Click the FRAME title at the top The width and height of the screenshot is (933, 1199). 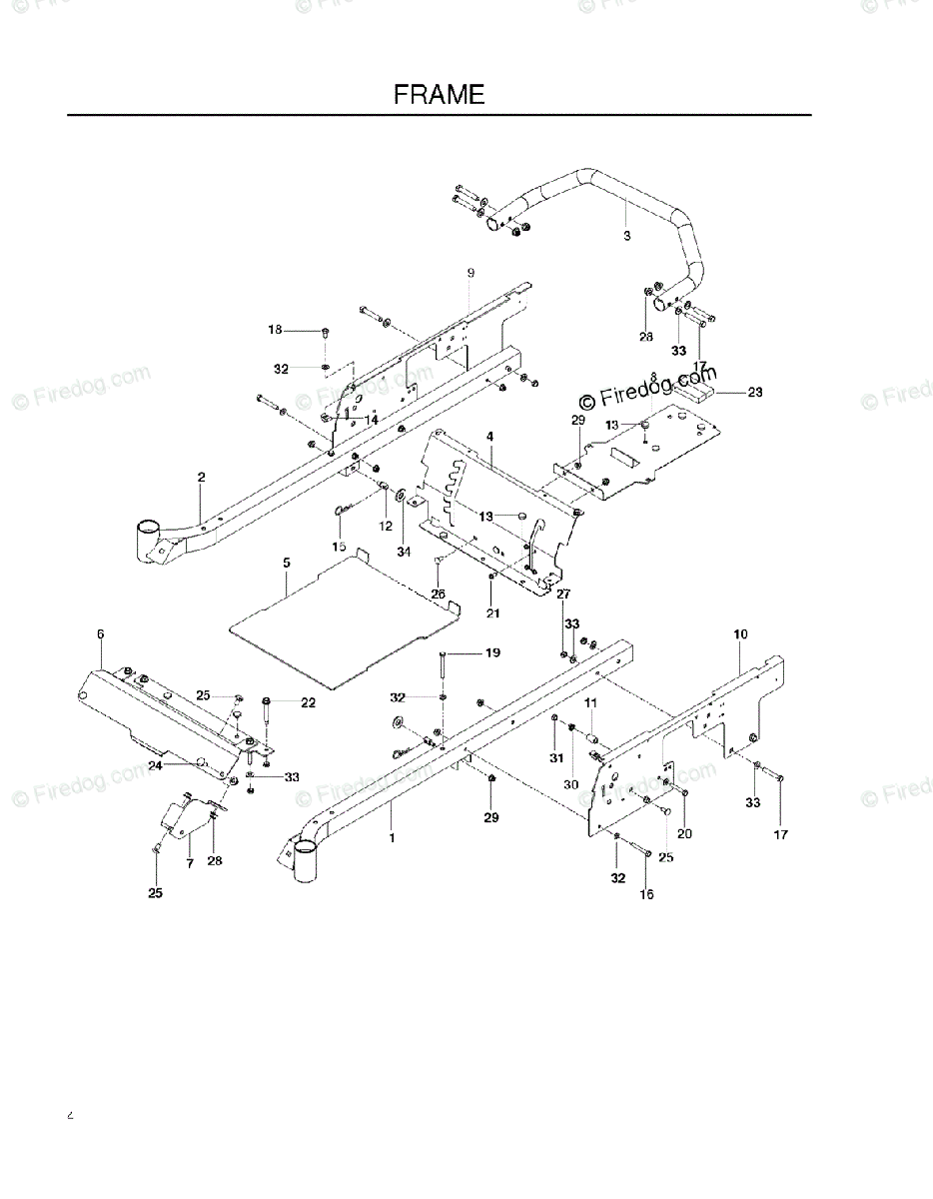(x=439, y=95)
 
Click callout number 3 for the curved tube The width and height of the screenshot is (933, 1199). (x=626, y=237)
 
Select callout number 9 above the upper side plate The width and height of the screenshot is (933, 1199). (x=469, y=273)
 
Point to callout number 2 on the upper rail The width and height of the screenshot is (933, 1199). (x=201, y=479)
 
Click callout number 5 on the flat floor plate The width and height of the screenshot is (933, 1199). (x=287, y=564)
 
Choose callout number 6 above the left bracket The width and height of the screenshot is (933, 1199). (x=100, y=633)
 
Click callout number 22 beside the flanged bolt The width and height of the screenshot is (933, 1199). (x=308, y=702)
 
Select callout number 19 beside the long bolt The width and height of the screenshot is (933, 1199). (x=492, y=652)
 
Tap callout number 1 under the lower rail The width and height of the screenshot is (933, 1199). (x=392, y=838)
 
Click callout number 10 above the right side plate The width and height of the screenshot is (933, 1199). (x=740, y=633)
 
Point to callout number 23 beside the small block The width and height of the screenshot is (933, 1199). (x=754, y=393)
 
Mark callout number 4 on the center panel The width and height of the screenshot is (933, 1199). (x=490, y=437)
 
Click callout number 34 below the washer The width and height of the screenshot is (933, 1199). (x=404, y=553)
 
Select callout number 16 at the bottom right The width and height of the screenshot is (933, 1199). (x=646, y=894)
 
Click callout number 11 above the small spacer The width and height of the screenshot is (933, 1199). (x=590, y=702)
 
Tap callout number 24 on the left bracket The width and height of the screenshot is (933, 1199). (x=155, y=765)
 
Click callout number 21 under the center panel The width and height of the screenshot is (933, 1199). (x=492, y=612)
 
